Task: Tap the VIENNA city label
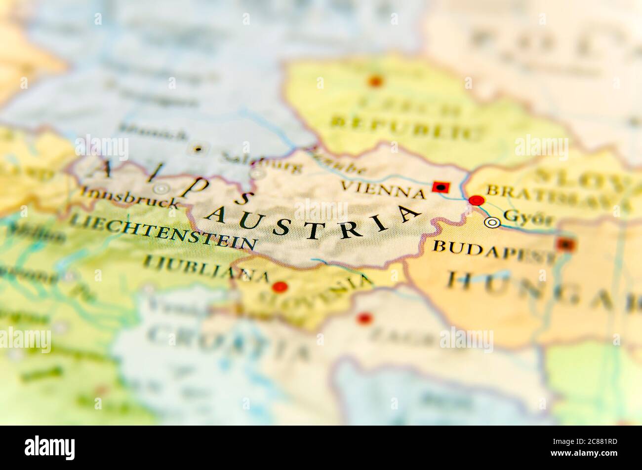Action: click(x=383, y=189)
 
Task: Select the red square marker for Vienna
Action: click(x=441, y=186)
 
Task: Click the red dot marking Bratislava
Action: click(x=477, y=201)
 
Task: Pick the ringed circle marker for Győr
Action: click(x=492, y=223)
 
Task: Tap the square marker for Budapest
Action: click(x=565, y=244)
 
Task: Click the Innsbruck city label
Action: click(x=129, y=199)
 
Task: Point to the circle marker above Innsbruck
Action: click(x=160, y=188)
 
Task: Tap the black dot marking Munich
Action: click(x=199, y=148)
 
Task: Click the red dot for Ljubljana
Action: click(x=280, y=287)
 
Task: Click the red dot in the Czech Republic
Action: click(x=376, y=81)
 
